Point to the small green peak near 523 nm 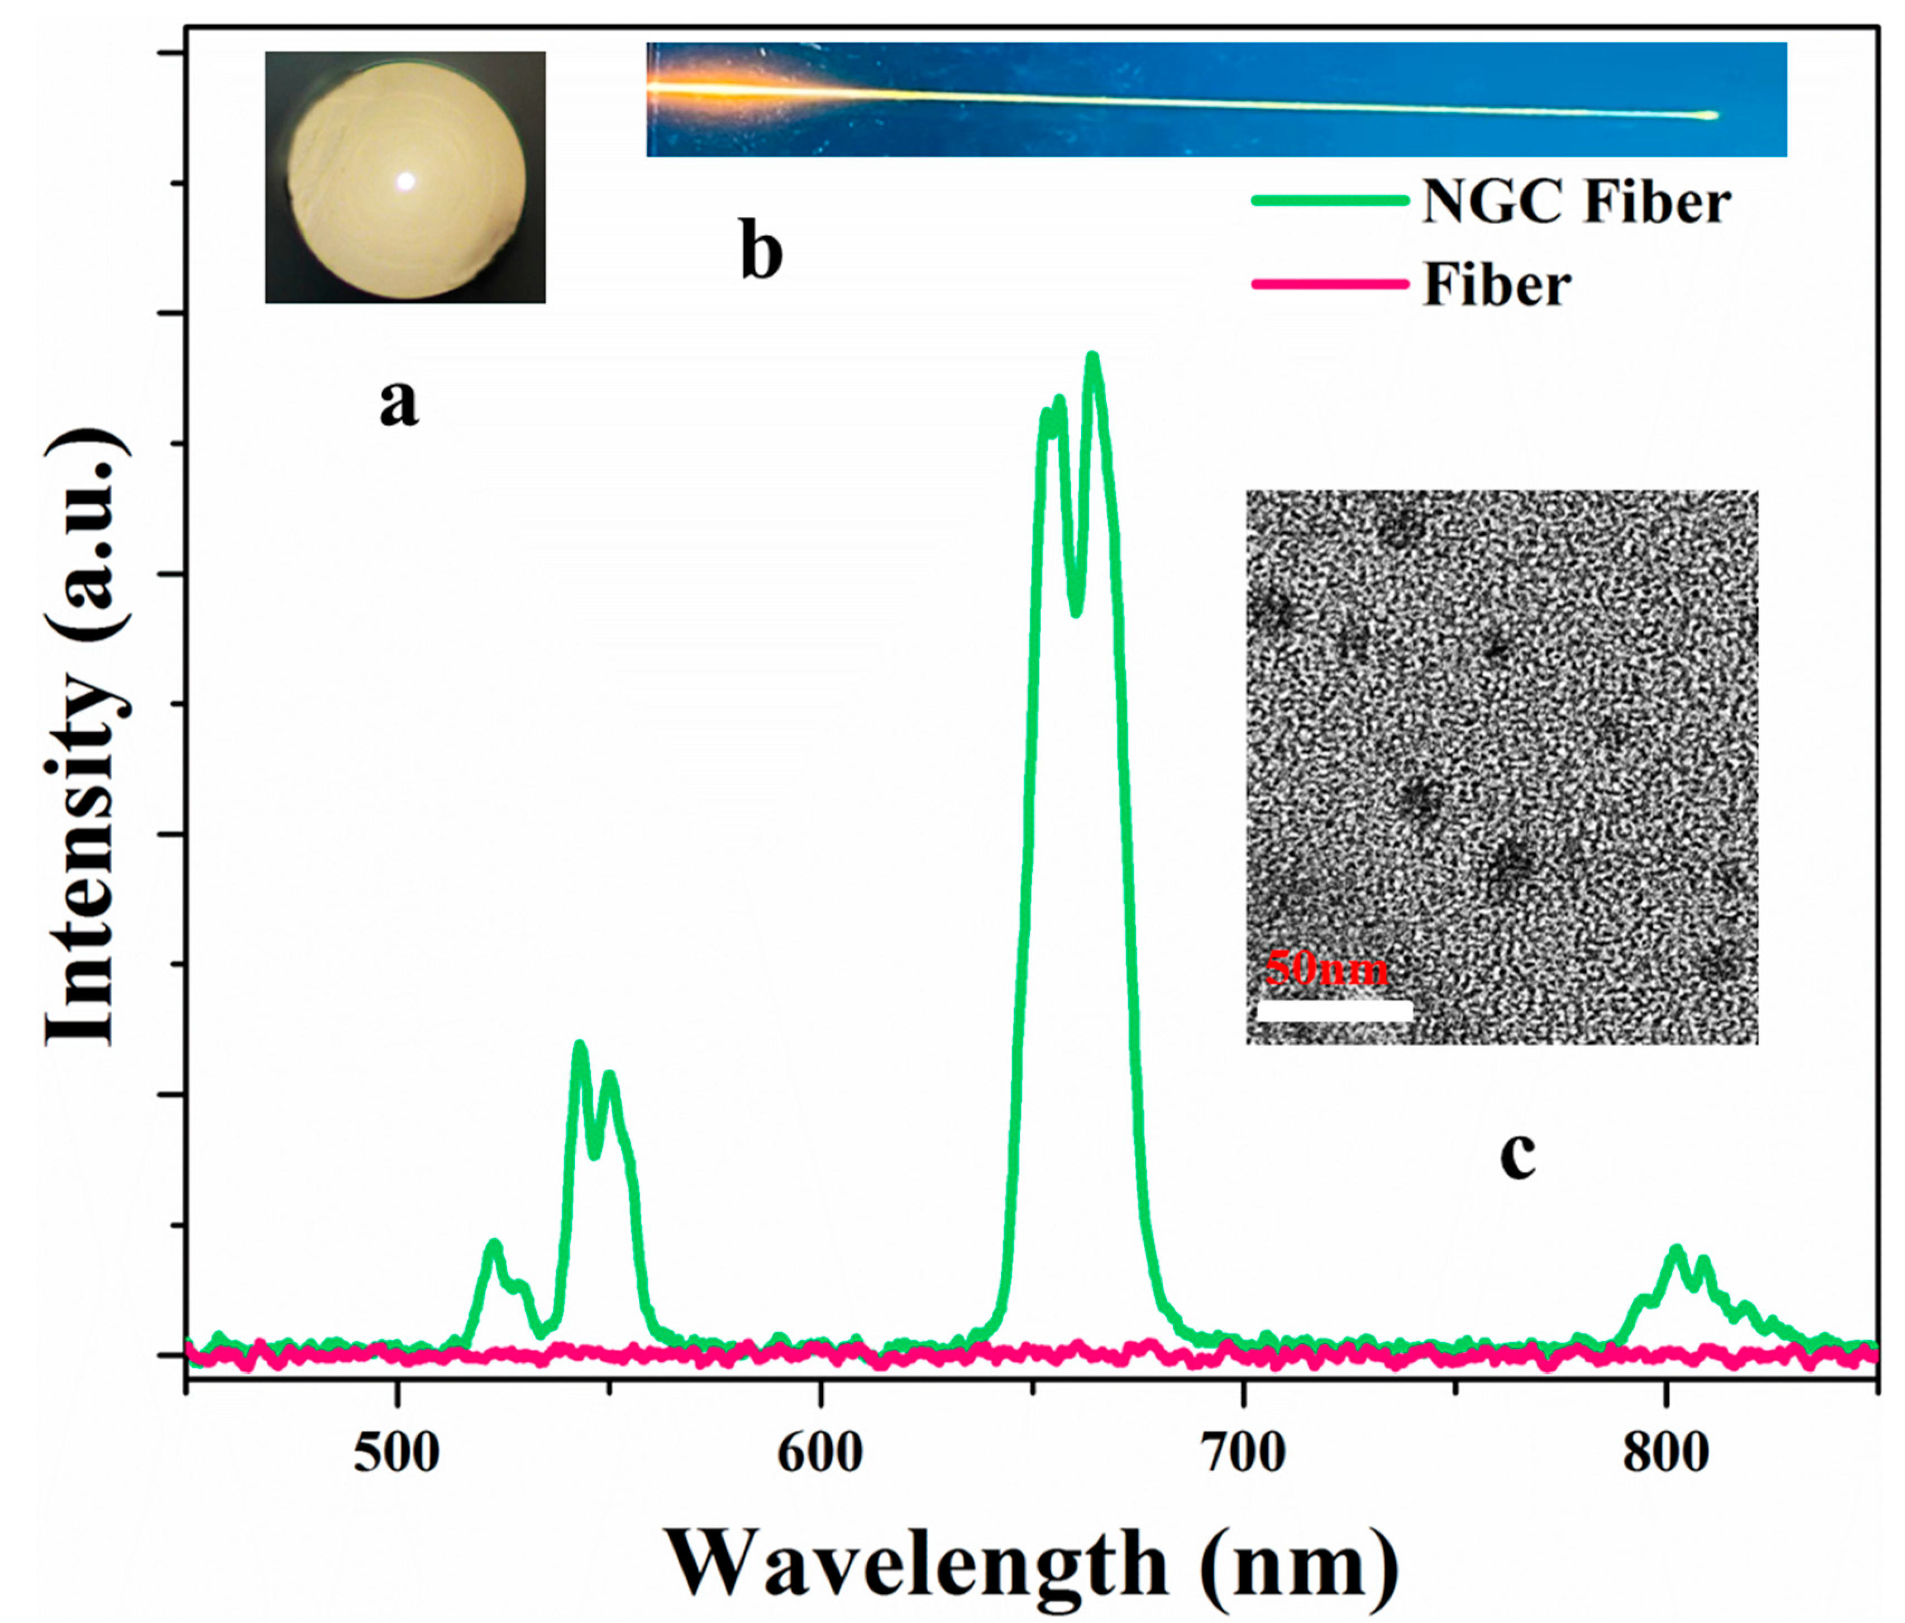tap(495, 1244)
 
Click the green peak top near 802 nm tap(1675, 1250)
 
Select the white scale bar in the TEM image tap(1333, 1010)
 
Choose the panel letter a tap(398, 403)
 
